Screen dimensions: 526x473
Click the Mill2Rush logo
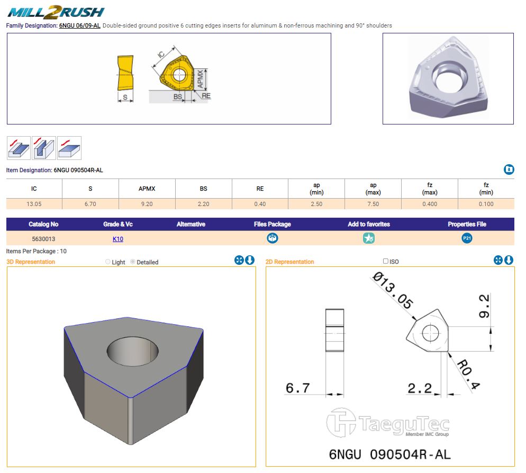click(x=56, y=12)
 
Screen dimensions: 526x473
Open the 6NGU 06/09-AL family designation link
click(x=80, y=25)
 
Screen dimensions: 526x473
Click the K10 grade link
click(x=118, y=239)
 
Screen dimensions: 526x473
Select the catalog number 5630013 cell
click(x=43, y=239)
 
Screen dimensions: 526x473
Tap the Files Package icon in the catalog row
click(x=272, y=238)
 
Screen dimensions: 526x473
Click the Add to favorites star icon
click(x=369, y=238)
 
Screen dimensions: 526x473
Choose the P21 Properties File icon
click(x=467, y=238)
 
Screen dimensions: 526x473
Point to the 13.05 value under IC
click(x=34, y=204)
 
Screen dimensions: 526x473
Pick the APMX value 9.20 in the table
click(x=147, y=204)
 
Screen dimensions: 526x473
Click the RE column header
click(x=260, y=189)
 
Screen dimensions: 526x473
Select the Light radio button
click(x=107, y=262)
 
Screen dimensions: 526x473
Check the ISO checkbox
click(x=385, y=261)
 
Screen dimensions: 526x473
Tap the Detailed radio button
click(x=133, y=262)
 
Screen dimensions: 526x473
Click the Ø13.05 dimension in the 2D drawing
click(x=393, y=290)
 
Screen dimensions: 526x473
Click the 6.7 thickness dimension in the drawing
click(x=297, y=388)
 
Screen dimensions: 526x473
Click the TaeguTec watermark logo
click(x=388, y=423)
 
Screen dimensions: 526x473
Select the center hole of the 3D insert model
click(x=132, y=352)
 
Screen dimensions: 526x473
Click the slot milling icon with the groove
click(x=44, y=148)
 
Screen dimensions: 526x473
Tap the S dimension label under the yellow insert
click(x=125, y=97)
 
